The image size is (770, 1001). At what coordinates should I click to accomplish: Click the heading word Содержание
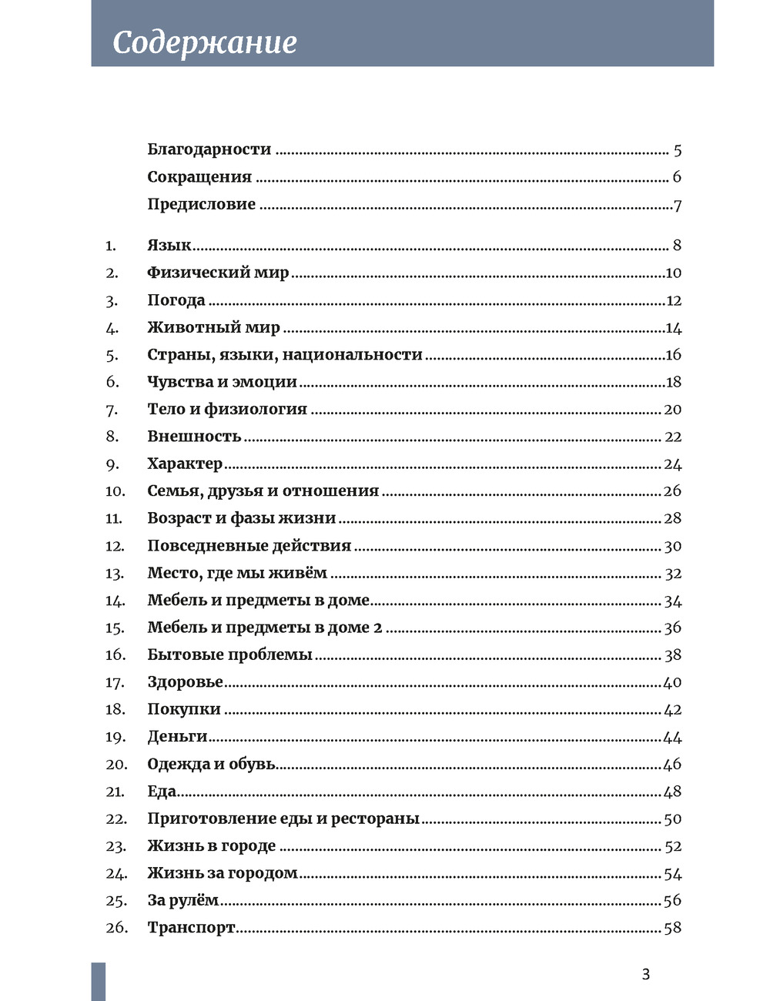(204, 42)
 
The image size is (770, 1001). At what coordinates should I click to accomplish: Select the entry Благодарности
(209, 149)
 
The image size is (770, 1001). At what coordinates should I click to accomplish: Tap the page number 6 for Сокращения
(677, 177)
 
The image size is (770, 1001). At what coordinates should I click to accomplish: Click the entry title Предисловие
(201, 204)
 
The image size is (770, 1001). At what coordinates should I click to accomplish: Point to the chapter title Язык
(169, 246)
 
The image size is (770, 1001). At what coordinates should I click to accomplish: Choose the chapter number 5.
(112, 355)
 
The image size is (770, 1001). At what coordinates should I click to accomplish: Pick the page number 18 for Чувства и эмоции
(673, 382)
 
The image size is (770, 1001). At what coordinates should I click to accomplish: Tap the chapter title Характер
(185, 464)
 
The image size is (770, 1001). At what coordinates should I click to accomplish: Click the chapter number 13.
(114, 574)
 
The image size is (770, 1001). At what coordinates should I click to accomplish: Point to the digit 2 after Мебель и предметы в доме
(377, 628)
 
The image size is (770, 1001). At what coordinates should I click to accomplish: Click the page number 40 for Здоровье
(672, 682)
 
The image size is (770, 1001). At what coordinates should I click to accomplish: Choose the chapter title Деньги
(177, 737)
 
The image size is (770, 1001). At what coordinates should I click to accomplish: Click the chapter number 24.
(115, 874)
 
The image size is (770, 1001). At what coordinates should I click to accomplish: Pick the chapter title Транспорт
(191, 928)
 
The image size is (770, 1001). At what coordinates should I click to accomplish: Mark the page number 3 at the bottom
(645, 975)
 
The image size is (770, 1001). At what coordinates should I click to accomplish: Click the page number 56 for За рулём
(672, 900)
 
